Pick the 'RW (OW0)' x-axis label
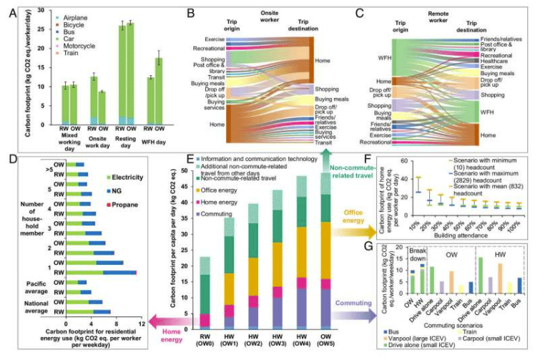[185, 341]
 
